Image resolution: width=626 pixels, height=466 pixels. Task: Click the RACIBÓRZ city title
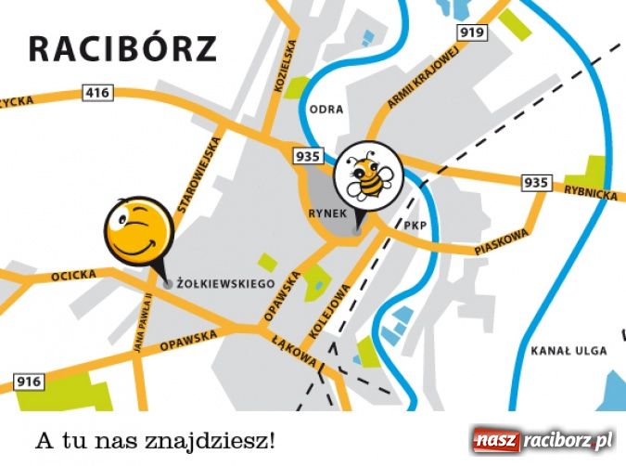[x=122, y=47]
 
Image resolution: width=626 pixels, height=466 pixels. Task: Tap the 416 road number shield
[x=97, y=92]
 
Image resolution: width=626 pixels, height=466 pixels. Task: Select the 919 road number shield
[x=472, y=33]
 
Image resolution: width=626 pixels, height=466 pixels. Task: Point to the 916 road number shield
[x=29, y=382]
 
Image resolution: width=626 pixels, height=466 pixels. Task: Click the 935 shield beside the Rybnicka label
[x=535, y=182]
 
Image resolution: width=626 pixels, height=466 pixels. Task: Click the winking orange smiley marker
[x=139, y=231]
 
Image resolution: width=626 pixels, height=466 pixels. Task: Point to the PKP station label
[x=413, y=226]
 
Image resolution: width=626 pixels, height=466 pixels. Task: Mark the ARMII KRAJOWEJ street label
[x=423, y=79]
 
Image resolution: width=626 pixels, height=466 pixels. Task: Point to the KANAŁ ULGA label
[x=569, y=351]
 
